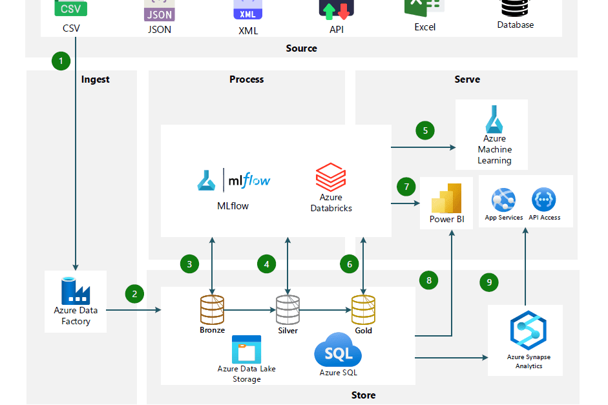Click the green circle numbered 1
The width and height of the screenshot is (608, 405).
click(x=61, y=61)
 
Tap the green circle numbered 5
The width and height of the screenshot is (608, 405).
click(x=425, y=130)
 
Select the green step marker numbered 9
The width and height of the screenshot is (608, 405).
click(x=489, y=282)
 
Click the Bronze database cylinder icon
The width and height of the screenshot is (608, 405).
click(x=212, y=309)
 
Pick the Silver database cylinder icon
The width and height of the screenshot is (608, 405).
click(x=288, y=309)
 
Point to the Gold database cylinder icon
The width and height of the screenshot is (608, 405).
click(x=363, y=309)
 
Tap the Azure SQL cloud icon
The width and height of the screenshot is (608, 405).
click(x=338, y=352)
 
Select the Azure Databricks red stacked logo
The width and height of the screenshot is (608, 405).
click(x=330, y=178)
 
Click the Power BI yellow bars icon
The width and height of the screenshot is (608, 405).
click(x=446, y=198)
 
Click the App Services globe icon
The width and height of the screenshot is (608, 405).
click(x=504, y=200)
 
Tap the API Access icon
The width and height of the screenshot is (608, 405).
click(x=544, y=200)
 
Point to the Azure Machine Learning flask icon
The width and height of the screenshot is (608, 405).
click(x=494, y=120)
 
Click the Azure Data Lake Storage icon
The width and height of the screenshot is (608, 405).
click(x=246, y=349)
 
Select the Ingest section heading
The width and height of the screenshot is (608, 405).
click(x=96, y=79)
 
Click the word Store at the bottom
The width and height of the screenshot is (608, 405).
click(x=363, y=395)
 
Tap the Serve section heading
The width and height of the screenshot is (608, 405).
click(x=467, y=79)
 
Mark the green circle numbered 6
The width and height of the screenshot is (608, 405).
click(x=350, y=264)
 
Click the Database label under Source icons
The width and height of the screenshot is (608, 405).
click(x=515, y=25)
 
